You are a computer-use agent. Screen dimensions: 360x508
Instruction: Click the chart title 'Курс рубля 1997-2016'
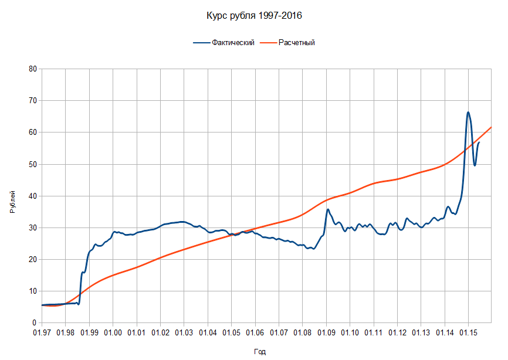[254, 16]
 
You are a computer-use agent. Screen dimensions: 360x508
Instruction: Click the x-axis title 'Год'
[260, 352]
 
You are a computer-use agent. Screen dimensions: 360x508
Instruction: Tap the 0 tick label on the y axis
[34, 322]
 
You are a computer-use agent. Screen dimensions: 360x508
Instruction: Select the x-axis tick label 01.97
[42, 333]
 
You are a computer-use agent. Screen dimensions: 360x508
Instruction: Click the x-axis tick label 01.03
[184, 333]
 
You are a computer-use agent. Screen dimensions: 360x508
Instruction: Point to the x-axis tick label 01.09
[326, 333]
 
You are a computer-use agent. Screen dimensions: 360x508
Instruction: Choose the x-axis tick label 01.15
[468, 333]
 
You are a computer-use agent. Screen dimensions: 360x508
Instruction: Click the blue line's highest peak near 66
[468, 112]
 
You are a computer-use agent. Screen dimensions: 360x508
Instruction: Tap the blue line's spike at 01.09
[328, 209]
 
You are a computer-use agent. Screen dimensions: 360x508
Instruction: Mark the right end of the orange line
[491, 127]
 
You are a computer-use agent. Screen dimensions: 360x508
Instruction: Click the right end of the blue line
[479, 142]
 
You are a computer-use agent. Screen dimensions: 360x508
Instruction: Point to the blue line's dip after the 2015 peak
[475, 165]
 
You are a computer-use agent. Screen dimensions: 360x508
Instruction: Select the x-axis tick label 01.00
[113, 333]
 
